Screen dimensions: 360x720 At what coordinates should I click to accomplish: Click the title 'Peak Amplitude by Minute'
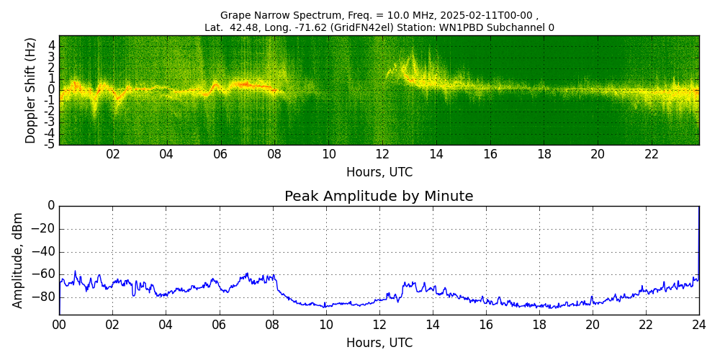click(x=379, y=197)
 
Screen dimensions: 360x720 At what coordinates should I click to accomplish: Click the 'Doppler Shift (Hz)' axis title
click(x=30, y=90)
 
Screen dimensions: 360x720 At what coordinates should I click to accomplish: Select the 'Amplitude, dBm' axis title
click(x=18, y=260)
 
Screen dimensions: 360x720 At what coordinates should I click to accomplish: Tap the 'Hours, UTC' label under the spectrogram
click(x=379, y=173)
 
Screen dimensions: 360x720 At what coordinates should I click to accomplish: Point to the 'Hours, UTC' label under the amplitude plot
click(x=379, y=343)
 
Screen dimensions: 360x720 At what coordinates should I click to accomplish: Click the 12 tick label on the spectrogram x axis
click(x=382, y=154)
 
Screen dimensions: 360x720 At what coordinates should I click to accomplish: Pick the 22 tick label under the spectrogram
click(x=652, y=154)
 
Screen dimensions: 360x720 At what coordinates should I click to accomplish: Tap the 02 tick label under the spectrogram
click(x=113, y=154)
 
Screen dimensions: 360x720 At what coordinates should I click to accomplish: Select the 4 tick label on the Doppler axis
click(x=52, y=45)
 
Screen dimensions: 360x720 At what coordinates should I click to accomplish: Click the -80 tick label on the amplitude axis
click(x=45, y=296)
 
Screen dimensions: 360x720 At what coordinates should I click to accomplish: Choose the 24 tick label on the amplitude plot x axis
click(x=698, y=324)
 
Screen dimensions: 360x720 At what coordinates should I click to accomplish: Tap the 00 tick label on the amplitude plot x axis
click(x=59, y=324)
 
